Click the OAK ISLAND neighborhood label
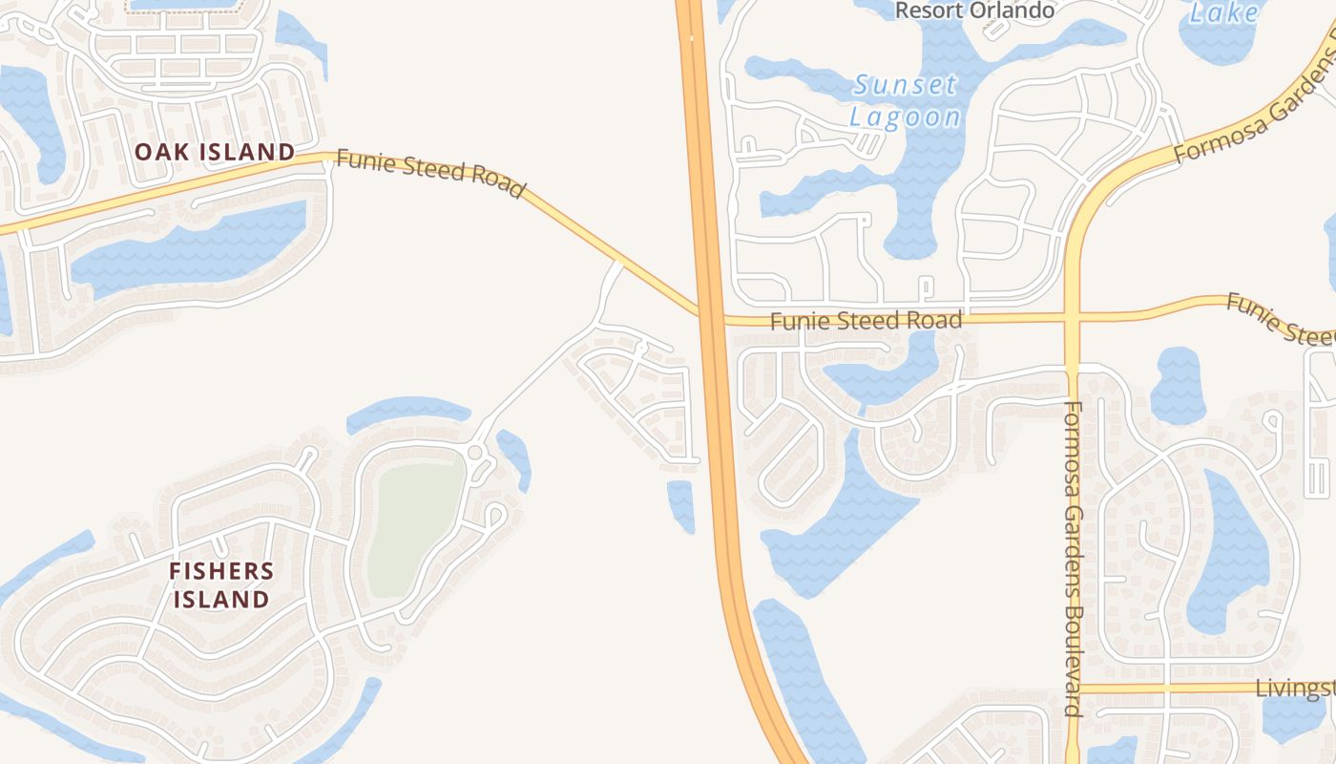215,152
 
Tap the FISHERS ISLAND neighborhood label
221,585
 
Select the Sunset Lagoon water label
906,100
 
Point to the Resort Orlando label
974,11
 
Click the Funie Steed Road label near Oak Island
430,174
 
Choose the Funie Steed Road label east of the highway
866,321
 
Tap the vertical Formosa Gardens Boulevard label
1072,558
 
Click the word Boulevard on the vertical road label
1072,660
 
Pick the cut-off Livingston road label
1294,689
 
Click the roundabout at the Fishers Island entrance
475,452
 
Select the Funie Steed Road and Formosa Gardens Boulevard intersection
1072,317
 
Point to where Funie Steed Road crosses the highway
709,314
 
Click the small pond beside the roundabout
514,456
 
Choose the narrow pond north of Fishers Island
408,413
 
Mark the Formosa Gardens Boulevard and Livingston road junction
1073,689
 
